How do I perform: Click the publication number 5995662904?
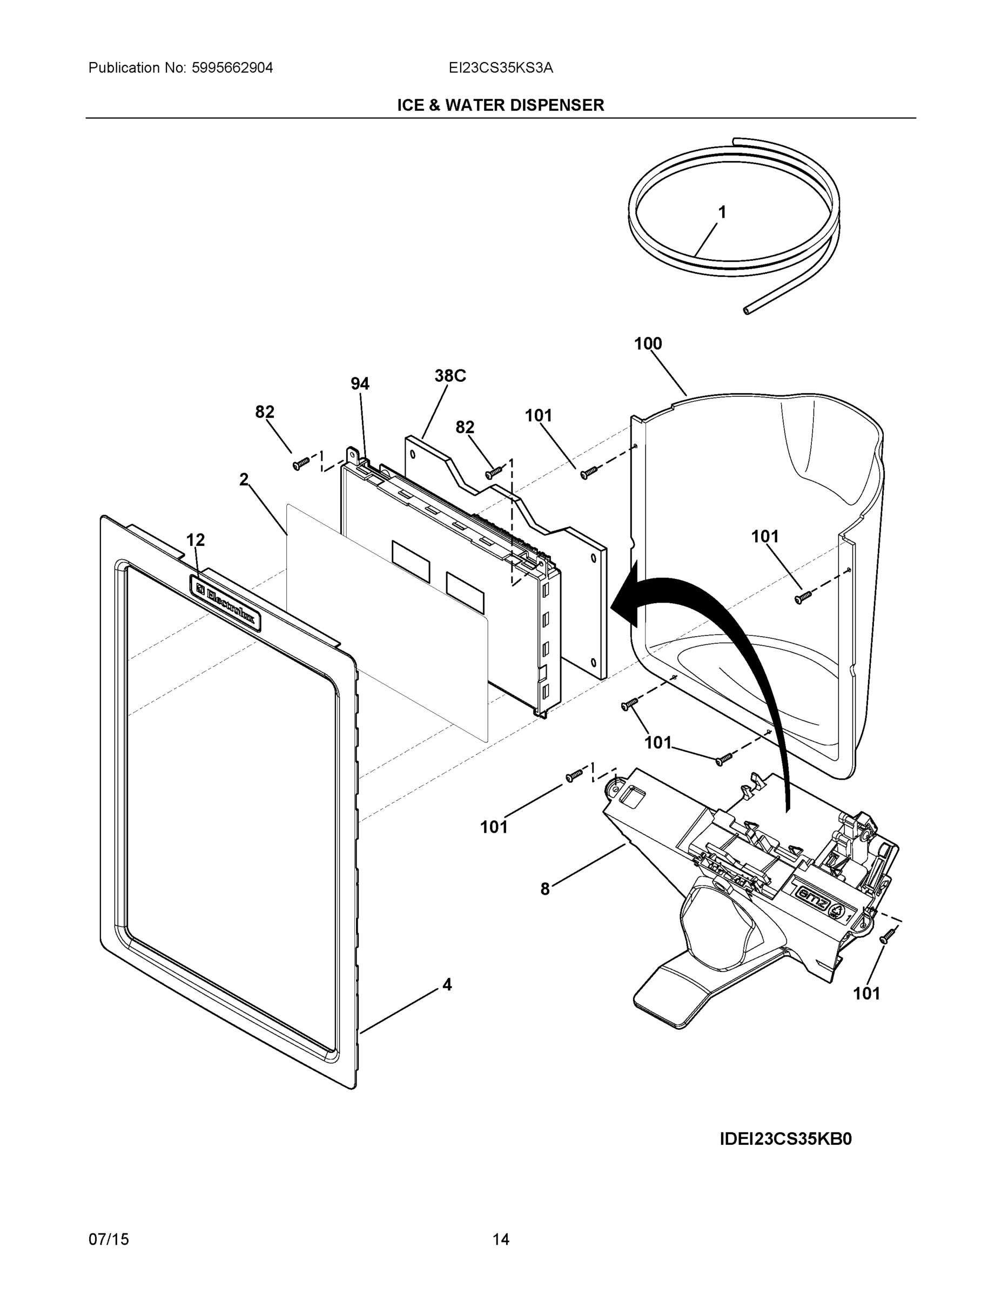click(x=232, y=68)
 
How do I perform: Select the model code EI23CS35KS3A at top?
click(x=500, y=68)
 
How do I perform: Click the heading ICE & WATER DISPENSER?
click(x=500, y=106)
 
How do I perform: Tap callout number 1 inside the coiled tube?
click(x=722, y=212)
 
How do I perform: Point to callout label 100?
click(x=648, y=343)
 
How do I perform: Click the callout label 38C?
click(x=450, y=376)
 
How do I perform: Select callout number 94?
click(x=360, y=384)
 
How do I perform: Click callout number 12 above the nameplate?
click(x=196, y=540)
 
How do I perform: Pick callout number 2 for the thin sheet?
click(x=244, y=480)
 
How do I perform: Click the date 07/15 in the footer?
click(x=109, y=1240)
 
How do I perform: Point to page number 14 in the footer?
click(x=500, y=1240)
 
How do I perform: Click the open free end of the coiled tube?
click(x=747, y=310)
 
